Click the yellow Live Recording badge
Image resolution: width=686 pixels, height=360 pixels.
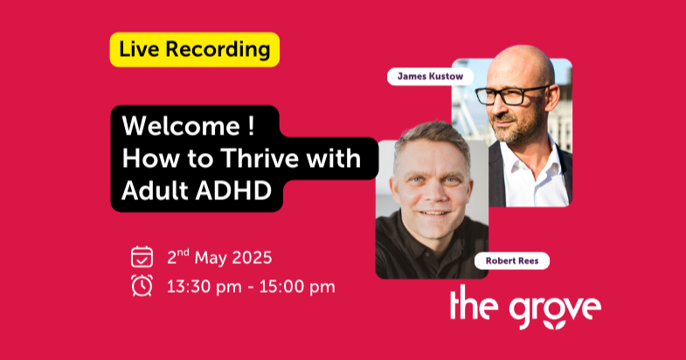pyautogui.click(x=195, y=50)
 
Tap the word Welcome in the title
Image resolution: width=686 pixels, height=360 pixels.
pyautogui.click(x=181, y=126)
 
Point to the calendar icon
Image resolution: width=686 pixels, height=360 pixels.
pyautogui.click(x=142, y=257)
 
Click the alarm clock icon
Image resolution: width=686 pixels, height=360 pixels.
pyautogui.click(x=142, y=286)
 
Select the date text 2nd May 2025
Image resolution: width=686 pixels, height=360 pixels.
pyautogui.click(x=219, y=257)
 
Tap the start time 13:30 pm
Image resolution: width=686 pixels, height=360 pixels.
pyautogui.click(x=204, y=287)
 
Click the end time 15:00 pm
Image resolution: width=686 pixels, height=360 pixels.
pyautogui.click(x=297, y=287)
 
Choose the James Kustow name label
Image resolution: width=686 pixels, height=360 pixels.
pyautogui.click(x=430, y=77)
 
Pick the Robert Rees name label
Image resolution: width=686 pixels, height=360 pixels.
pyautogui.click(x=512, y=260)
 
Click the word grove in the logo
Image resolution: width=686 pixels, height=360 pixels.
pyautogui.click(x=555, y=308)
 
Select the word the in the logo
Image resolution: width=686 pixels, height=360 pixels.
pyautogui.click(x=474, y=302)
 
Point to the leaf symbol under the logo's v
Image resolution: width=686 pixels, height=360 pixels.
pyautogui.click(x=555, y=324)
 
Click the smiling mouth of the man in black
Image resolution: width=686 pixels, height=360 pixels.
pyautogui.click(x=434, y=212)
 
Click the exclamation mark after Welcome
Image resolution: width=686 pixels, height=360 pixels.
pyautogui.click(x=251, y=126)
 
